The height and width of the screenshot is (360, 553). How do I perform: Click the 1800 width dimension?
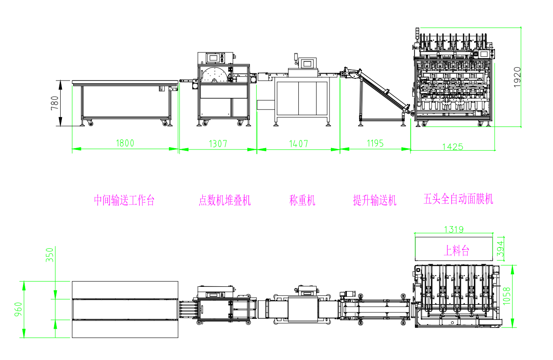(125, 143)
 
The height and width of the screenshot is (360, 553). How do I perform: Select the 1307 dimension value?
(218, 143)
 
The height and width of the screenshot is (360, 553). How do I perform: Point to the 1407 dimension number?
(298, 143)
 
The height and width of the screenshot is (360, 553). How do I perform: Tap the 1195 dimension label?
(375, 143)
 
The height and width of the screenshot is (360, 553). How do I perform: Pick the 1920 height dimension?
(517, 77)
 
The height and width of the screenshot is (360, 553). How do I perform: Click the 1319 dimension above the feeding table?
(453, 229)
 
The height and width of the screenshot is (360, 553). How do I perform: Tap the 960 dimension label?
(18, 309)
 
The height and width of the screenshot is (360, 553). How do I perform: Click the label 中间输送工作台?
(124, 201)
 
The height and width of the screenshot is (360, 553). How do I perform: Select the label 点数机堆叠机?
(224, 201)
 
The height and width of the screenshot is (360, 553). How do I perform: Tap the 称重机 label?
(302, 200)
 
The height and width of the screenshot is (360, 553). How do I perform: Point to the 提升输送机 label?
(375, 200)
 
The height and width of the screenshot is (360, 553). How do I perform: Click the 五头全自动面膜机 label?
(458, 199)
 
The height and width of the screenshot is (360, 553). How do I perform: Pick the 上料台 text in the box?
(456, 250)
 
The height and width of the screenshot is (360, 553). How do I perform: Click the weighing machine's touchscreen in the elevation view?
(308, 63)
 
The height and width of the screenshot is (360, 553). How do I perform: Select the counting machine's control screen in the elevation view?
(213, 57)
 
